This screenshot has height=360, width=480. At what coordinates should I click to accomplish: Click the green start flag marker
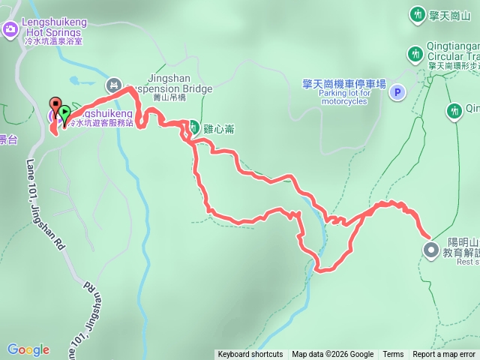[x=65, y=114]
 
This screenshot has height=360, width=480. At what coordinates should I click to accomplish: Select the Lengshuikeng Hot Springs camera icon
[x=10, y=29]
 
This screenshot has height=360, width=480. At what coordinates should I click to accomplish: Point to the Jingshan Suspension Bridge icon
[x=113, y=84]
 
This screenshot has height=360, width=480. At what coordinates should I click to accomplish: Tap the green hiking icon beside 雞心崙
[x=193, y=127]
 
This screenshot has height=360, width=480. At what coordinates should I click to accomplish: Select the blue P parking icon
[x=397, y=92]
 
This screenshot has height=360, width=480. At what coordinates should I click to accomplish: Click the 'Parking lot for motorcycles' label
[x=337, y=97]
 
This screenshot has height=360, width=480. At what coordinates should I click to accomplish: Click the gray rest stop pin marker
[x=430, y=250]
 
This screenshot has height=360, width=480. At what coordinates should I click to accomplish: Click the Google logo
[x=28, y=349]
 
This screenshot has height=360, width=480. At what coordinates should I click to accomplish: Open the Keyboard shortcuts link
[x=250, y=355]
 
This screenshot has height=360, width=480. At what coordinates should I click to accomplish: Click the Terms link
[x=393, y=355]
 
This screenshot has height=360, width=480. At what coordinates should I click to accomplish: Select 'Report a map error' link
[x=444, y=355]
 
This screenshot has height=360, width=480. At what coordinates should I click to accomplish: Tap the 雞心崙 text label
[x=219, y=128]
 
